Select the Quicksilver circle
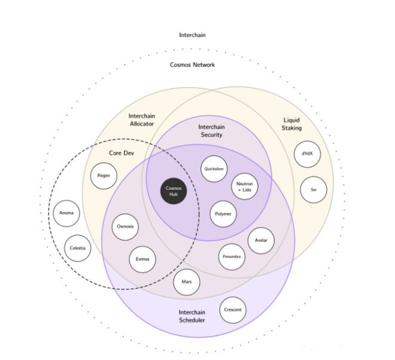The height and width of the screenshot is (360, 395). pyautogui.click(x=214, y=169)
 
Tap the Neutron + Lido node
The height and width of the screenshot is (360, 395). pyautogui.click(x=244, y=186)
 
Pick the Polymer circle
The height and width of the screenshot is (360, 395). pyautogui.click(x=223, y=214)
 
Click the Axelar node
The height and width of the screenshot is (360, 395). pyautogui.click(x=260, y=240)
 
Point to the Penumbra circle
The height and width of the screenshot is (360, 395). pyautogui.click(x=232, y=256)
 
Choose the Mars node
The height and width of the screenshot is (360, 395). pyautogui.click(x=186, y=282)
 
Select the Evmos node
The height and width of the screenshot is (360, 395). pyautogui.click(x=142, y=259)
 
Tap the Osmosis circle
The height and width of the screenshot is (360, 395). pyautogui.click(x=125, y=227)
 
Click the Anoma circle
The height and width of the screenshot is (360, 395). pyautogui.click(x=66, y=213)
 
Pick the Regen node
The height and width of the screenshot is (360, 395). pyautogui.click(x=103, y=176)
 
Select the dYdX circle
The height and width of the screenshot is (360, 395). pyautogui.click(x=307, y=154)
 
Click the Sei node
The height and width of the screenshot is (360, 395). pyautogui.click(x=313, y=189)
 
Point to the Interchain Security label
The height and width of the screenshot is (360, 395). pyautogui.click(x=211, y=131)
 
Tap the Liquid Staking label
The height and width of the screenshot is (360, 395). pyautogui.click(x=292, y=124)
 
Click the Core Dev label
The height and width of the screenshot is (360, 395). pyautogui.click(x=120, y=153)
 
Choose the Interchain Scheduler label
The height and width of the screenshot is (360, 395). pyautogui.click(x=192, y=316)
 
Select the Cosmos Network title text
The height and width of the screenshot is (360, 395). pyautogui.click(x=192, y=65)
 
